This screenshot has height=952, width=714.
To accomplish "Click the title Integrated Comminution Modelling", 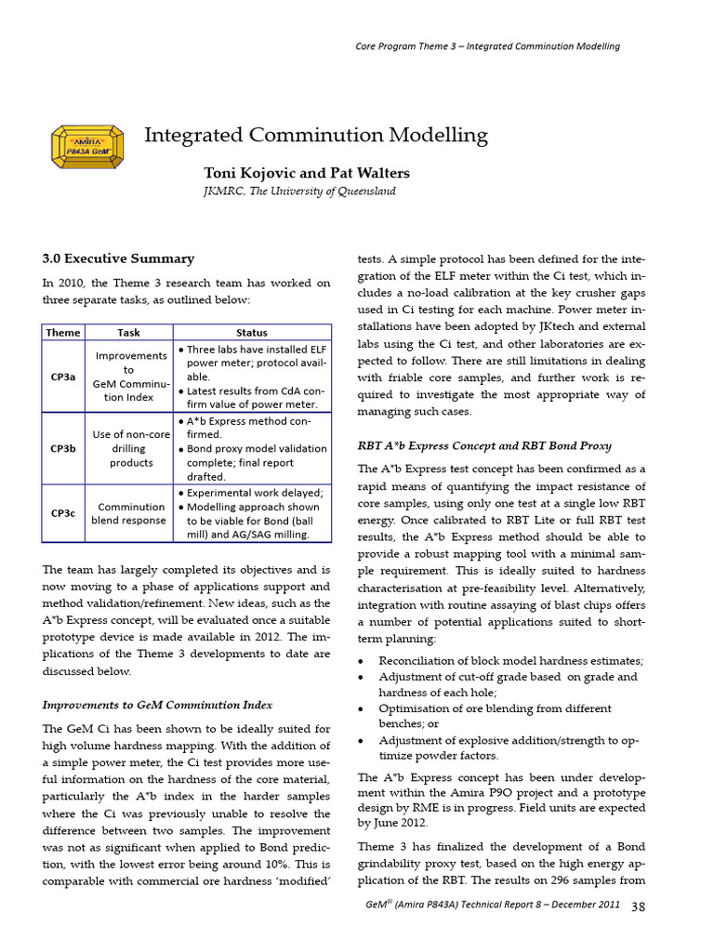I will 315,136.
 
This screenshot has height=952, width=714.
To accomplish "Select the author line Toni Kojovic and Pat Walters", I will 306,173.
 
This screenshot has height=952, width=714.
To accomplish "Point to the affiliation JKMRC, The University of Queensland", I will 298,191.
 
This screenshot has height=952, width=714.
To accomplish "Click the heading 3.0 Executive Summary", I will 118,258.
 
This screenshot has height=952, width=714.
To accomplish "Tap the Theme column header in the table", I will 62,332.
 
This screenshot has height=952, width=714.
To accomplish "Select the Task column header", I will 128,332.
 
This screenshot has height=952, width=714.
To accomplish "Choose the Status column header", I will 251,332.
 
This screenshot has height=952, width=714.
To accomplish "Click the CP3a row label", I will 62,377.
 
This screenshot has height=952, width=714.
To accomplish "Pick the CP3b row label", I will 62,448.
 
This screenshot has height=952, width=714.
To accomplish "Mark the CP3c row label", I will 62,512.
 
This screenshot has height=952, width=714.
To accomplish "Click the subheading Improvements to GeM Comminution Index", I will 157,704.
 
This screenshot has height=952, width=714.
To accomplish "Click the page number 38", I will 639,906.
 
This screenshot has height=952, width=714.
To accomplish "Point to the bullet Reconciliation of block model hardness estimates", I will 509,661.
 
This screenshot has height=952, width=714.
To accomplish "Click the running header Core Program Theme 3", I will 488,46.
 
